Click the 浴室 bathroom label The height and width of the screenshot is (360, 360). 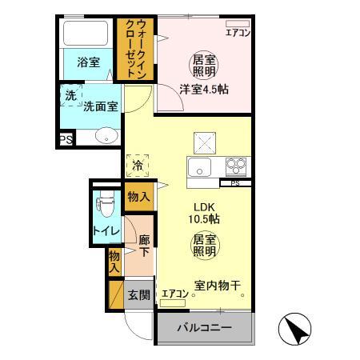pos(88,61)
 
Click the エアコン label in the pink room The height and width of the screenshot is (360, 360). pos(237,33)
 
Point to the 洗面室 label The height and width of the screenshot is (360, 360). pos(101,104)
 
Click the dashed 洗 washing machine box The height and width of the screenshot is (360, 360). pos(70,94)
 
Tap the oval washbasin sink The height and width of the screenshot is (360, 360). pos(104,136)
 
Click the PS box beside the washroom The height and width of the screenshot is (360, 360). pos(65,141)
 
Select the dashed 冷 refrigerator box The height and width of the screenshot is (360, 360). pos(138,166)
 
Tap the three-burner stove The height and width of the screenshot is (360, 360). pos(236,167)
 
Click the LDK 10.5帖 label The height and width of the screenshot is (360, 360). pos(204,212)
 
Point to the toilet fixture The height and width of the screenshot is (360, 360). pos(103,207)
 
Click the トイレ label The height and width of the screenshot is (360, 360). pos(106,231)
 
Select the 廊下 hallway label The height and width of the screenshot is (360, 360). pos(144,246)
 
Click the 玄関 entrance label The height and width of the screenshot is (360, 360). pos(138,294)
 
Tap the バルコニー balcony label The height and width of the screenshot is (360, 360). pos(204,328)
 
